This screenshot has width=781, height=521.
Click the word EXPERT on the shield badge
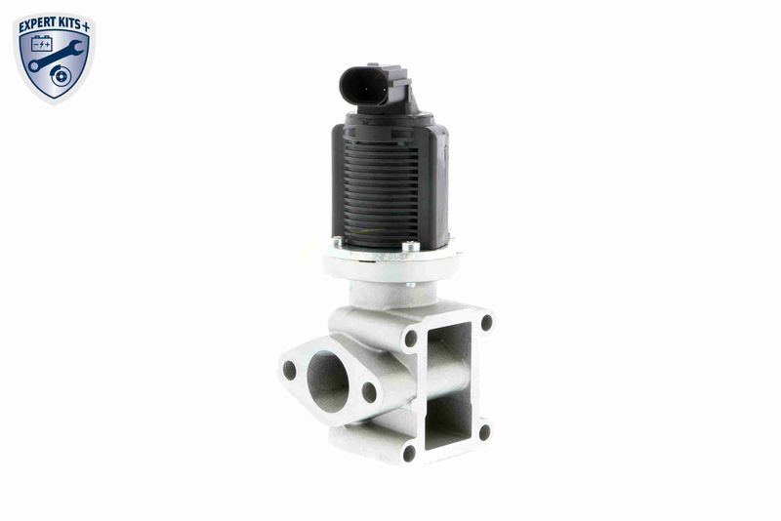click(38, 24)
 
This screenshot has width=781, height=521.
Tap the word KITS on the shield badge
click(70, 23)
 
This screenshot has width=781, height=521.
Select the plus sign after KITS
click(86, 26)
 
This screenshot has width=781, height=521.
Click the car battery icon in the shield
click(41, 44)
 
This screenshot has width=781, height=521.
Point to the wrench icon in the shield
click(55, 55)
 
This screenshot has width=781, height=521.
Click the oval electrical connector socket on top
click(364, 86)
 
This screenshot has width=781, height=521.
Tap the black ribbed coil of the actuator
click(382, 195)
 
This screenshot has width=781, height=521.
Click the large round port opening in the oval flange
click(327, 381)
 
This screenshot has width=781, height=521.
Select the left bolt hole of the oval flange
click(289, 370)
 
